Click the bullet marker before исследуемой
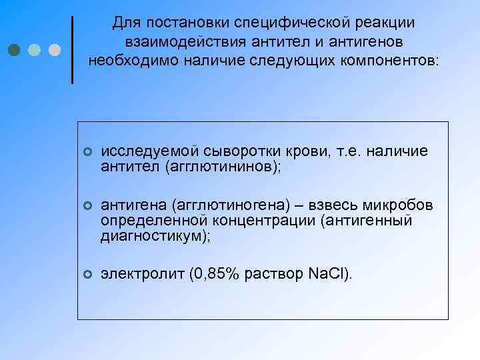click(87, 153)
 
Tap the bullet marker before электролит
click(87, 275)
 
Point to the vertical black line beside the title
click(72, 49)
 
